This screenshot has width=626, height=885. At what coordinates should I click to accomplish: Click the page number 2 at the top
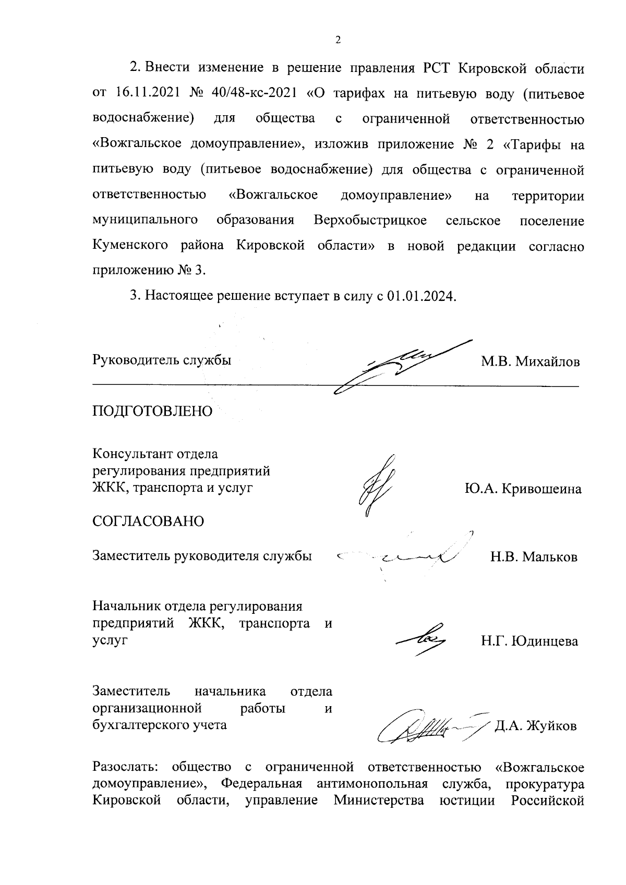coord(338,40)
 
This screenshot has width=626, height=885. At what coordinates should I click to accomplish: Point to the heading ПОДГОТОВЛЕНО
coord(152,411)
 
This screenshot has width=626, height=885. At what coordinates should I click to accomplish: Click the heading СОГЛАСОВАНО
coord(148,521)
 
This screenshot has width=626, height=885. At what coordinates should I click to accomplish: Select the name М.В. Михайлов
coord(530,361)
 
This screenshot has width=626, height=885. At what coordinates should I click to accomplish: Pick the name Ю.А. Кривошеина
coord(523,489)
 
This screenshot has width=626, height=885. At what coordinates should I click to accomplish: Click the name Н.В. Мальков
coord(534,557)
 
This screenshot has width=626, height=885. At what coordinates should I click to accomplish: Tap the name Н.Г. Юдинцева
coord(529,641)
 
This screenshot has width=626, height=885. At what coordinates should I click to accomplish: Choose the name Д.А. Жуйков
coord(536,726)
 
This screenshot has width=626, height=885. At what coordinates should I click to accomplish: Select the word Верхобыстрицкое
coord(370,221)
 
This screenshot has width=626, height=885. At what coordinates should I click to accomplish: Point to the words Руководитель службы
coord(162,360)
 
